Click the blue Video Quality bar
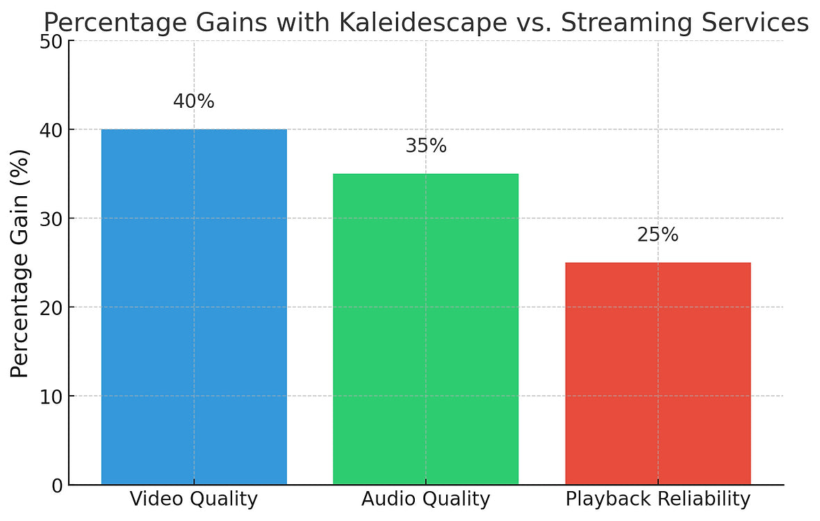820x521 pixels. (194, 306)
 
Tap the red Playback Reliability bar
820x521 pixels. (657, 373)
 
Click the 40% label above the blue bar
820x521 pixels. (194, 102)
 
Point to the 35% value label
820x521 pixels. (425, 146)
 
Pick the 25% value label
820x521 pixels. (657, 235)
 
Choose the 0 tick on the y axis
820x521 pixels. (57, 485)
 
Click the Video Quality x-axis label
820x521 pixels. (194, 499)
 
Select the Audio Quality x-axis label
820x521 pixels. (425, 499)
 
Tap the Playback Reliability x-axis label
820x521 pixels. (657, 499)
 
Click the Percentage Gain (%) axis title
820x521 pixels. (21, 263)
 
